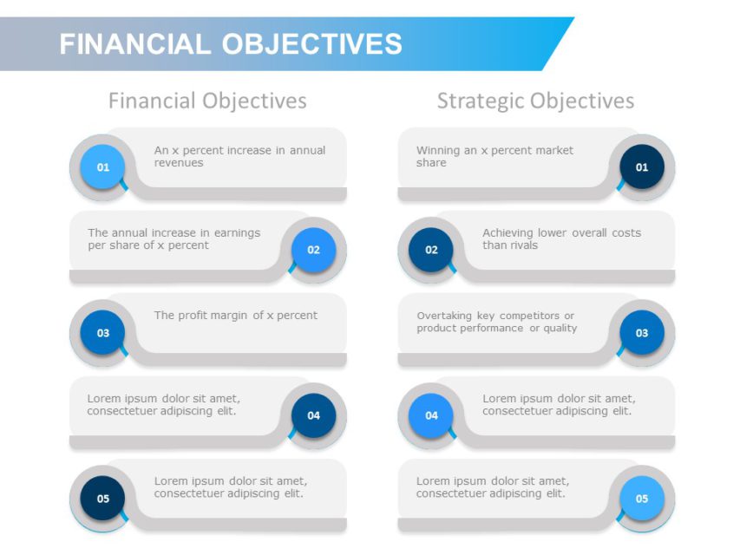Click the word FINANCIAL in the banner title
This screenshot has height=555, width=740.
tap(135, 44)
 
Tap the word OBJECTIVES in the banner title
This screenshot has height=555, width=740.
tap(312, 44)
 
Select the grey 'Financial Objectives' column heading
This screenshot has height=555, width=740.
tap(207, 101)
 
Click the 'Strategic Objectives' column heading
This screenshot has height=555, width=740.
tap(535, 101)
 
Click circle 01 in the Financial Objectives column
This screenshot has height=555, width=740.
tap(102, 167)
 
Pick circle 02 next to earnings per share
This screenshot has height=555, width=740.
tap(313, 250)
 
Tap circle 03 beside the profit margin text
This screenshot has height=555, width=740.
tap(102, 333)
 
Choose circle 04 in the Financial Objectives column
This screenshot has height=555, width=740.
tap(313, 415)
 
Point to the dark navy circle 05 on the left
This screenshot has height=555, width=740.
tap(102, 499)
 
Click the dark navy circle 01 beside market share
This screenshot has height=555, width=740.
tap(642, 167)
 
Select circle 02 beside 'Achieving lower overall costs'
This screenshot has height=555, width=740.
tap(431, 250)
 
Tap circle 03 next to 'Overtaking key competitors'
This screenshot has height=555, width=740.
tap(642, 333)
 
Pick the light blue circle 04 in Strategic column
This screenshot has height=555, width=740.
tap(431, 415)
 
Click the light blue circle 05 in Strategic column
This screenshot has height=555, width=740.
tap(642, 499)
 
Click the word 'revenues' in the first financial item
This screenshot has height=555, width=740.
tap(179, 163)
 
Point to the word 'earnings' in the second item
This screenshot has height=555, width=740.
tap(238, 233)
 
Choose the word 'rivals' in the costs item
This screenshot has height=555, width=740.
tap(523, 245)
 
